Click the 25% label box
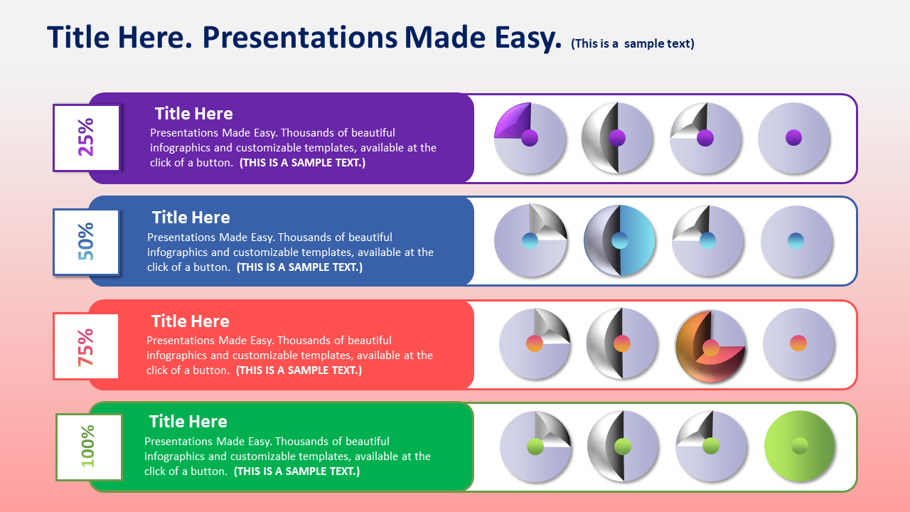(87, 138)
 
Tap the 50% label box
(86, 242)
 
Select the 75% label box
(86, 346)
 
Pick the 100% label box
(89, 447)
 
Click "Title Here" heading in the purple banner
(194, 114)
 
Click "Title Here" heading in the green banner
(188, 422)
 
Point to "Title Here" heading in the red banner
(191, 321)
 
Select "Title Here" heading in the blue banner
(191, 218)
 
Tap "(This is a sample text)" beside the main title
(633, 43)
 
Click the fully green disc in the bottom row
(800, 446)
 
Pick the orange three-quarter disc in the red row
(710, 346)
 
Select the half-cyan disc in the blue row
(619, 240)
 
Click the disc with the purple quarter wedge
(530, 138)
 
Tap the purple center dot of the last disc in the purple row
(794, 138)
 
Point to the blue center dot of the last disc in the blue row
(796, 240)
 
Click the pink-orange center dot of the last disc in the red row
(798, 343)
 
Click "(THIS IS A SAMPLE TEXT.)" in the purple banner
(302, 163)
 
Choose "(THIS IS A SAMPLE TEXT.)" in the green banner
(296, 471)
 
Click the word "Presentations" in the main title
(300, 38)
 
